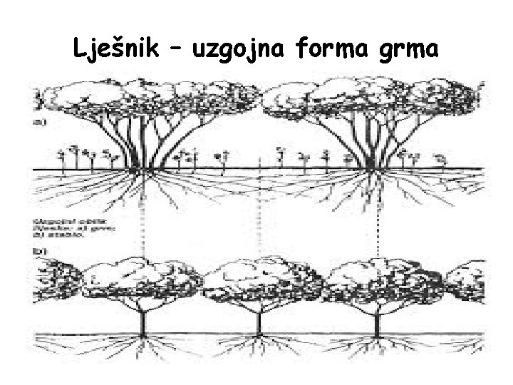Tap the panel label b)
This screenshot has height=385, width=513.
(40, 252)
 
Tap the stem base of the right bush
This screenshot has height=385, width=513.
(373, 168)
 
